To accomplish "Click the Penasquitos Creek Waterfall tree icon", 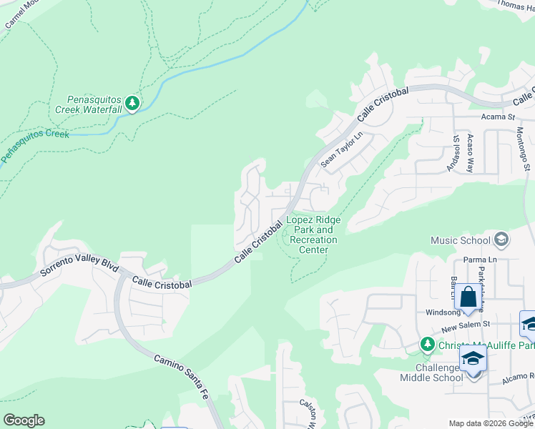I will (x=132, y=104).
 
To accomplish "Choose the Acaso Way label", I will (x=470, y=153).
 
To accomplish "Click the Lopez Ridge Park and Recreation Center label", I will (x=313, y=235).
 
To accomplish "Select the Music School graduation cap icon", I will (x=501, y=240).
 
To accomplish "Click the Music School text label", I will (x=460, y=241).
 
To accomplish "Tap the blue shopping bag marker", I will (x=468, y=297).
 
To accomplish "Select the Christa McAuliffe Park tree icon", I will (x=427, y=345).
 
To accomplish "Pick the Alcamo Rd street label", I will (x=516, y=377).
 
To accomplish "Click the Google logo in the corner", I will (x=24, y=420).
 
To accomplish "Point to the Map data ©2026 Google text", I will (x=490, y=423).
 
